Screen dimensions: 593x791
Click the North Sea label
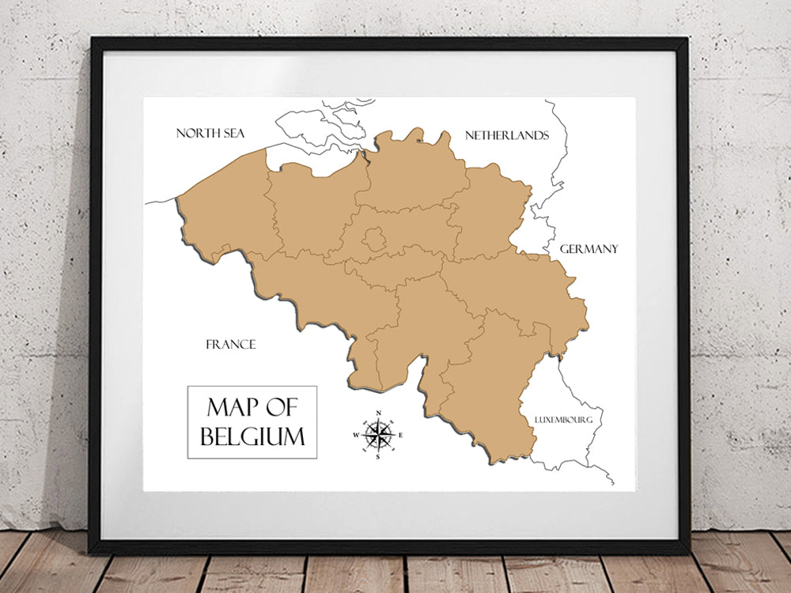(x=210, y=133)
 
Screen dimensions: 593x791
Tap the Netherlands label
(x=506, y=135)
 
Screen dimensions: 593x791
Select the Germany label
(x=589, y=249)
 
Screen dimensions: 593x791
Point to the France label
(x=231, y=344)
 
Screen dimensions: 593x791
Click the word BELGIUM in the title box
(x=252, y=436)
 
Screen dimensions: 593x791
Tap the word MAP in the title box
(x=230, y=408)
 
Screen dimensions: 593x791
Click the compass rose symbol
(x=378, y=435)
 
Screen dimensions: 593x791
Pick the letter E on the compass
(x=400, y=436)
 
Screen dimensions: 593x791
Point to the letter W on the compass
(x=356, y=436)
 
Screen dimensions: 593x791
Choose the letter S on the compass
(x=378, y=457)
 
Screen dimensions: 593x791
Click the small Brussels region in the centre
(x=374, y=237)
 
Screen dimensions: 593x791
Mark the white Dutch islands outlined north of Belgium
(x=316, y=127)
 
